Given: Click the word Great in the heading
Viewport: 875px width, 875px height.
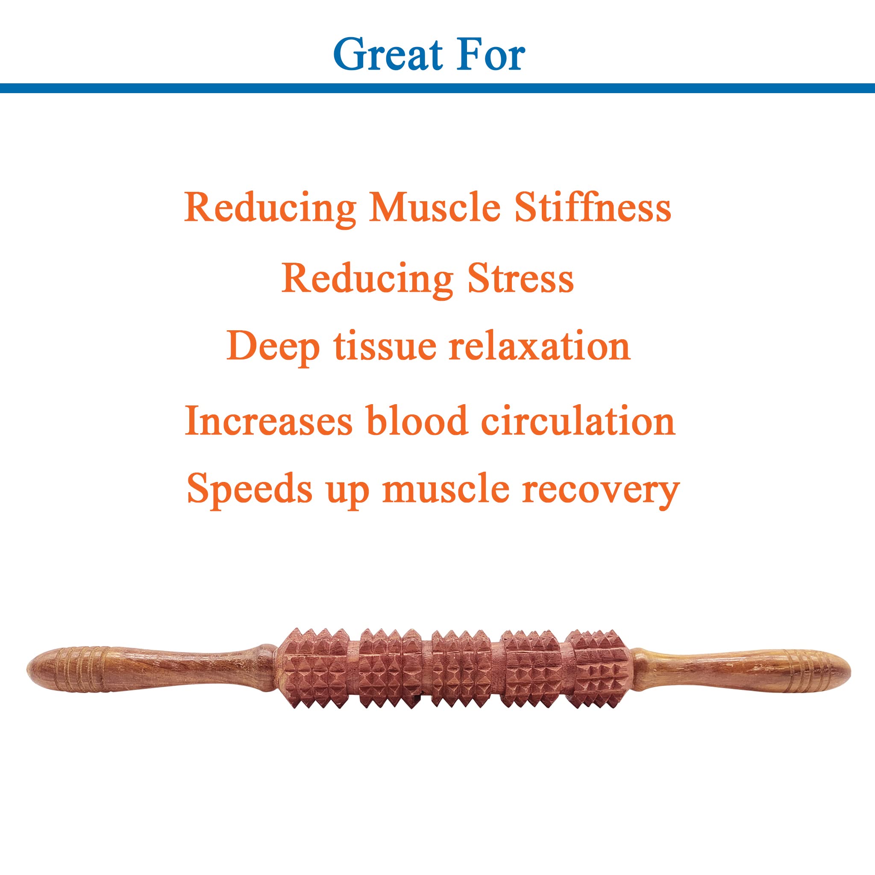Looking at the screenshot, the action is pyautogui.click(x=388, y=54).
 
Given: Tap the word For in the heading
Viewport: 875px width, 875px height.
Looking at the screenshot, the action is pyautogui.click(x=491, y=54).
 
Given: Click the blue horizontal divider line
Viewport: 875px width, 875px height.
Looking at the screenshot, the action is pyautogui.click(x=437, y=88).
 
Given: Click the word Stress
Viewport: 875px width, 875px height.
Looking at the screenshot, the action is pyautogui.click(x=520, y=279).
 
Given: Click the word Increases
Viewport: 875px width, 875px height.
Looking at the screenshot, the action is pyautogui.click(x=269, y=421).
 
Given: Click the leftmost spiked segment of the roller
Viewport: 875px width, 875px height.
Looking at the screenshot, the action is pyautogui.click(x=314, y=668).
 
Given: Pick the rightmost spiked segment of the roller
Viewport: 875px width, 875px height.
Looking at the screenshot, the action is pyautogui.click(x=599, y=668).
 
